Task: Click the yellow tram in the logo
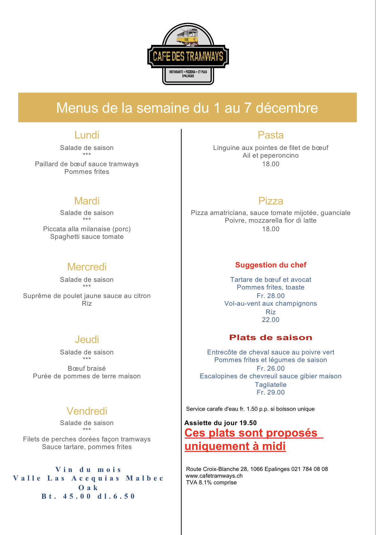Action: (x=188, y=37)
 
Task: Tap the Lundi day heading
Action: (x=87, y=135)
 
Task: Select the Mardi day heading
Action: (x=87, y=201)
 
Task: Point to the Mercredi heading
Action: (x=87, y=267)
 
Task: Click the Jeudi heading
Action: (x=87, y=339)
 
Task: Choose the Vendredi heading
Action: (x=87, y=411)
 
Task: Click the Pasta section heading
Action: (x=270, y=135)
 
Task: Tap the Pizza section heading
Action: (x=270, y=201)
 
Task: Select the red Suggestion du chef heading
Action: (x=270, y=265)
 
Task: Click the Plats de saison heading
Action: (x=270, y=338)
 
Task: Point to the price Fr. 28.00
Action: (x=270, y=296)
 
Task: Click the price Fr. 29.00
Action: (x=270, y=392)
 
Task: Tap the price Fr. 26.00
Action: (x=270, y=368)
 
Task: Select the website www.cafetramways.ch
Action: (x=214, y=476)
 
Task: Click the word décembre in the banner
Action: (x=287, y=108)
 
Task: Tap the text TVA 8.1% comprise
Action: (x=211, y=482)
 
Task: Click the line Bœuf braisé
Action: (x=87, y=368)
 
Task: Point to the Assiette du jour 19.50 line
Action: (x=220, y=423)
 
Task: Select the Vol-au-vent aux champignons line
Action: (x=270, y=303)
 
